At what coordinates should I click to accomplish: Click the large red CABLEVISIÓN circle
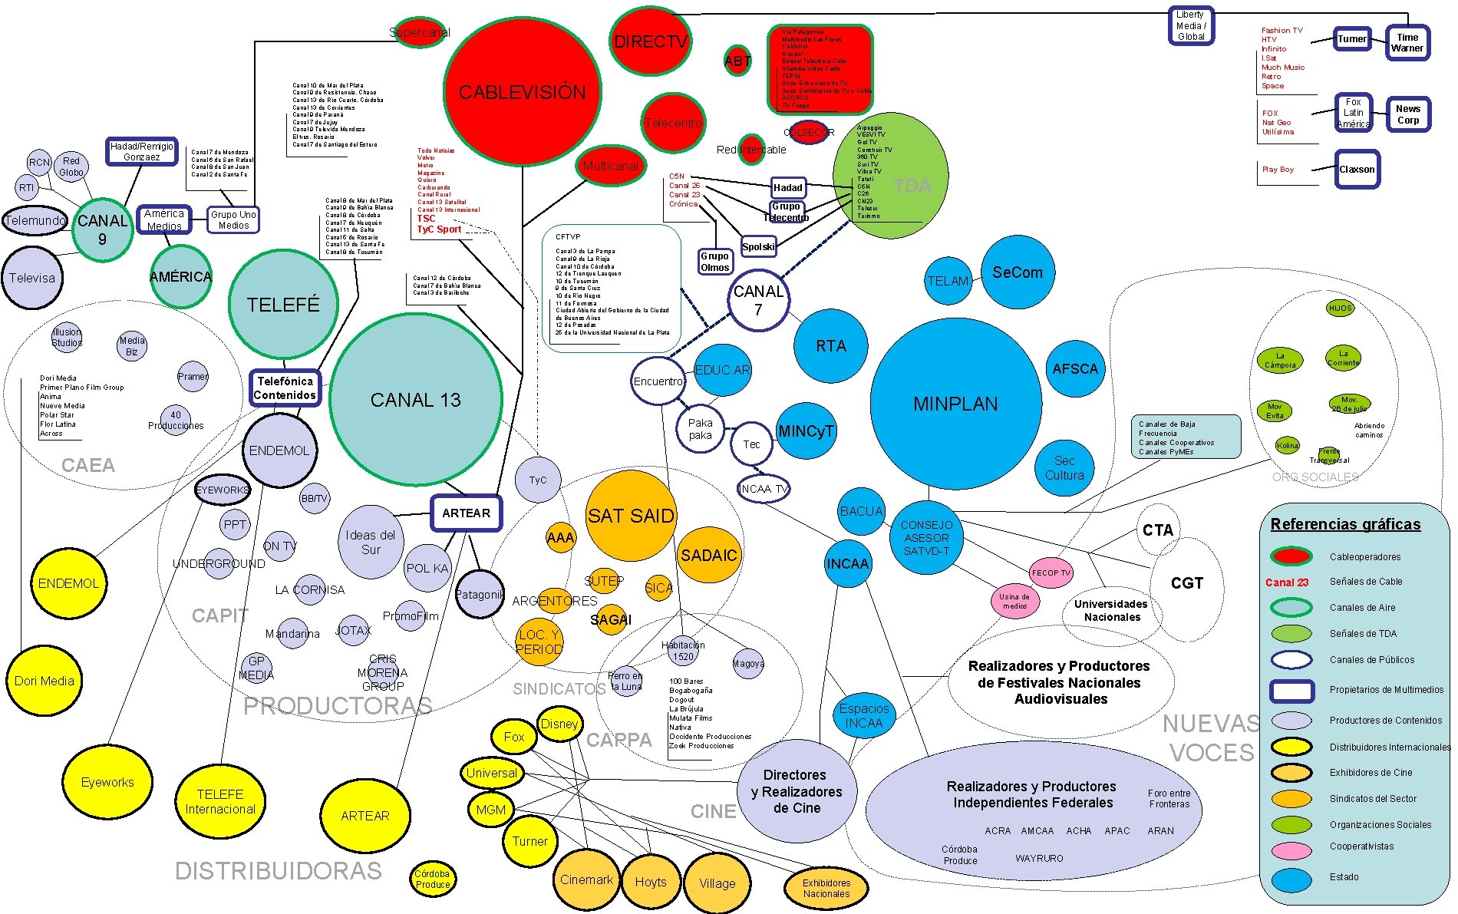[x=523, y=92]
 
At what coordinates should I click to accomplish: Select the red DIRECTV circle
[x=650, y=41]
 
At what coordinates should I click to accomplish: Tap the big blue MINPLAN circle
[x=955, y=404]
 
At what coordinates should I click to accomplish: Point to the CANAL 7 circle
[x=758, y=300]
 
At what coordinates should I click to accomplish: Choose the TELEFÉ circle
[x=283, y=305]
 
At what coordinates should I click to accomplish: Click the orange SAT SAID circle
[x=631, y=516]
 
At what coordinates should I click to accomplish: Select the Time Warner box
[x=1407, y=43]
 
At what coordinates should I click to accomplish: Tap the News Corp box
[x=1407, y=114]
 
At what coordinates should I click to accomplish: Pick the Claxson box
[x=1357, y=170]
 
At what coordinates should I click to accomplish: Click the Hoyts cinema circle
[x=651, y=882]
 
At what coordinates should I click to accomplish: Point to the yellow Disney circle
[x=559, y=724]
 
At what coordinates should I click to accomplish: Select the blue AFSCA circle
[x=1075, y=369]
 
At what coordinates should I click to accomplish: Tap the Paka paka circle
[x=700, y=429]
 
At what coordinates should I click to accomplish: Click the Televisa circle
[x=32, y=278]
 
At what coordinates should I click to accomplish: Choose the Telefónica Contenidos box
[x=285, y=388]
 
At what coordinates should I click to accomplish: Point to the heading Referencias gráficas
[x=1345, y=524]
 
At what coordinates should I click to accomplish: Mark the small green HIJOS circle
[x=1340, y=308]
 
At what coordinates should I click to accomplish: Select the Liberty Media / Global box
[x=1191, y=25]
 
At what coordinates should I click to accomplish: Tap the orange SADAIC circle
[x=708, y=555]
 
